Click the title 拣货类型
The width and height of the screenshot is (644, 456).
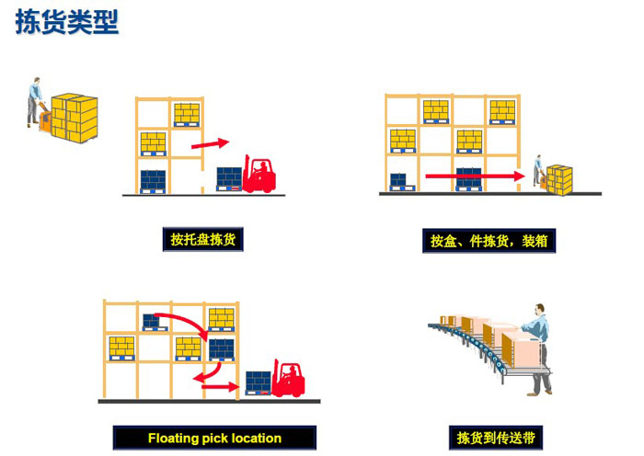(67, 22)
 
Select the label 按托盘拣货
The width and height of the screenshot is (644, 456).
(203, 239)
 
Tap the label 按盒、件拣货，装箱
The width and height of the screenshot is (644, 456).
(489, 241)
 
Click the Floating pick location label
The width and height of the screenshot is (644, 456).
(214, 438)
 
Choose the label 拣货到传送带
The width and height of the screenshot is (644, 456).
(496, 438)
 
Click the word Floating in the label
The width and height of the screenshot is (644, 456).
(174, 439)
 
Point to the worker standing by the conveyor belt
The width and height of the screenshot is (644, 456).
(537, 349)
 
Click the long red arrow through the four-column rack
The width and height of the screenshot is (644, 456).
(476, 177)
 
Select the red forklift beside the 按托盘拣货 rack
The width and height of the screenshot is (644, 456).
(259, 174)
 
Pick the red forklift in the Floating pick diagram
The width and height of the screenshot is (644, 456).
(288, 378)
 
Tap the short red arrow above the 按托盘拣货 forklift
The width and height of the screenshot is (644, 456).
(210, 143)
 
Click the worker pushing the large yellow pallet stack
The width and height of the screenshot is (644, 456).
(35, 102)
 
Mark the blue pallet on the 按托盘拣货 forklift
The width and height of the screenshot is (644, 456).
(229, 179)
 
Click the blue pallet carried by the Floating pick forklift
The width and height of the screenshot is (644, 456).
(259, 383)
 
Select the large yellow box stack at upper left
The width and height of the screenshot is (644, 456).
(75, 119)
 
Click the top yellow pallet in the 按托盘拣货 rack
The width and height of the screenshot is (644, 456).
(187, 115)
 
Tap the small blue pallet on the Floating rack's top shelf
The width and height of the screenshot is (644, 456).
(155, 323)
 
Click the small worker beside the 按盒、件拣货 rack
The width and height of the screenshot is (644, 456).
(537, 170)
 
